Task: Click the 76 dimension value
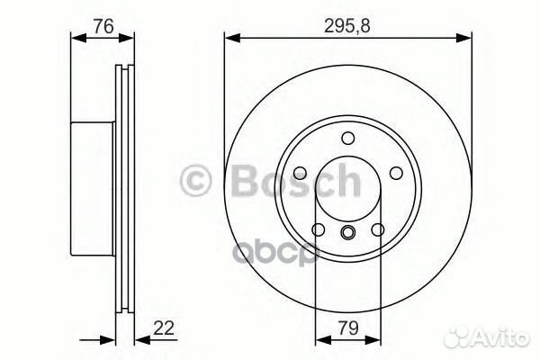point(103,26)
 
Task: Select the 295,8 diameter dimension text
point(347,26)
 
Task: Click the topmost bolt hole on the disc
point(347,137)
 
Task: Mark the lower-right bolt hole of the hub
point(379,231)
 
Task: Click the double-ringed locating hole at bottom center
point(347,234)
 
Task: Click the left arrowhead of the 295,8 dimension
point(229,38)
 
